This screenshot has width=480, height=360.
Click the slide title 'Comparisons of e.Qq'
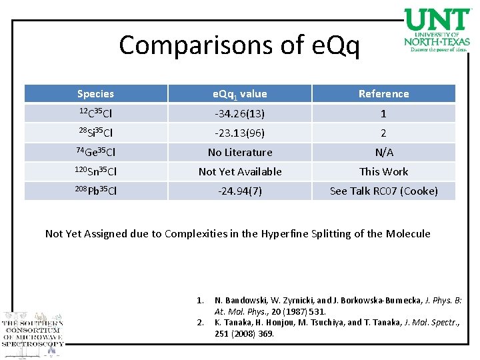(x=239, y=45)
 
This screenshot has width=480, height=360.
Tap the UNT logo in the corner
(x=437, y=30)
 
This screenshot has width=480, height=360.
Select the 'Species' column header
(x=95, y=94)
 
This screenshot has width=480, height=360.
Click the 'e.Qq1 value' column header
(x=240, y=94)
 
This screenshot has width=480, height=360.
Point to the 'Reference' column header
(x=383, y=94)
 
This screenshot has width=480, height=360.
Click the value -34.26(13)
(x=240, y=113)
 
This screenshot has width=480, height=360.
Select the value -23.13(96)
(x=240, y=133)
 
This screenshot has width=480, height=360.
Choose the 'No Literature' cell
(x=240, y=152)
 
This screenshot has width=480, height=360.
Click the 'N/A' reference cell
(x=383, y=152)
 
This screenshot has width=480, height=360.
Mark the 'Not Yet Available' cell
(x=240, y=171)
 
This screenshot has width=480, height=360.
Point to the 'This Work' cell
(x=383, y=171)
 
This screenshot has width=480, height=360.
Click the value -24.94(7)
(x=240, y=191)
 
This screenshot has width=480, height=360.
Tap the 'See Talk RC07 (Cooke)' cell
(x=383, y=191)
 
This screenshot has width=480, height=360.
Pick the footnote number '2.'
(x=202, y=322)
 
